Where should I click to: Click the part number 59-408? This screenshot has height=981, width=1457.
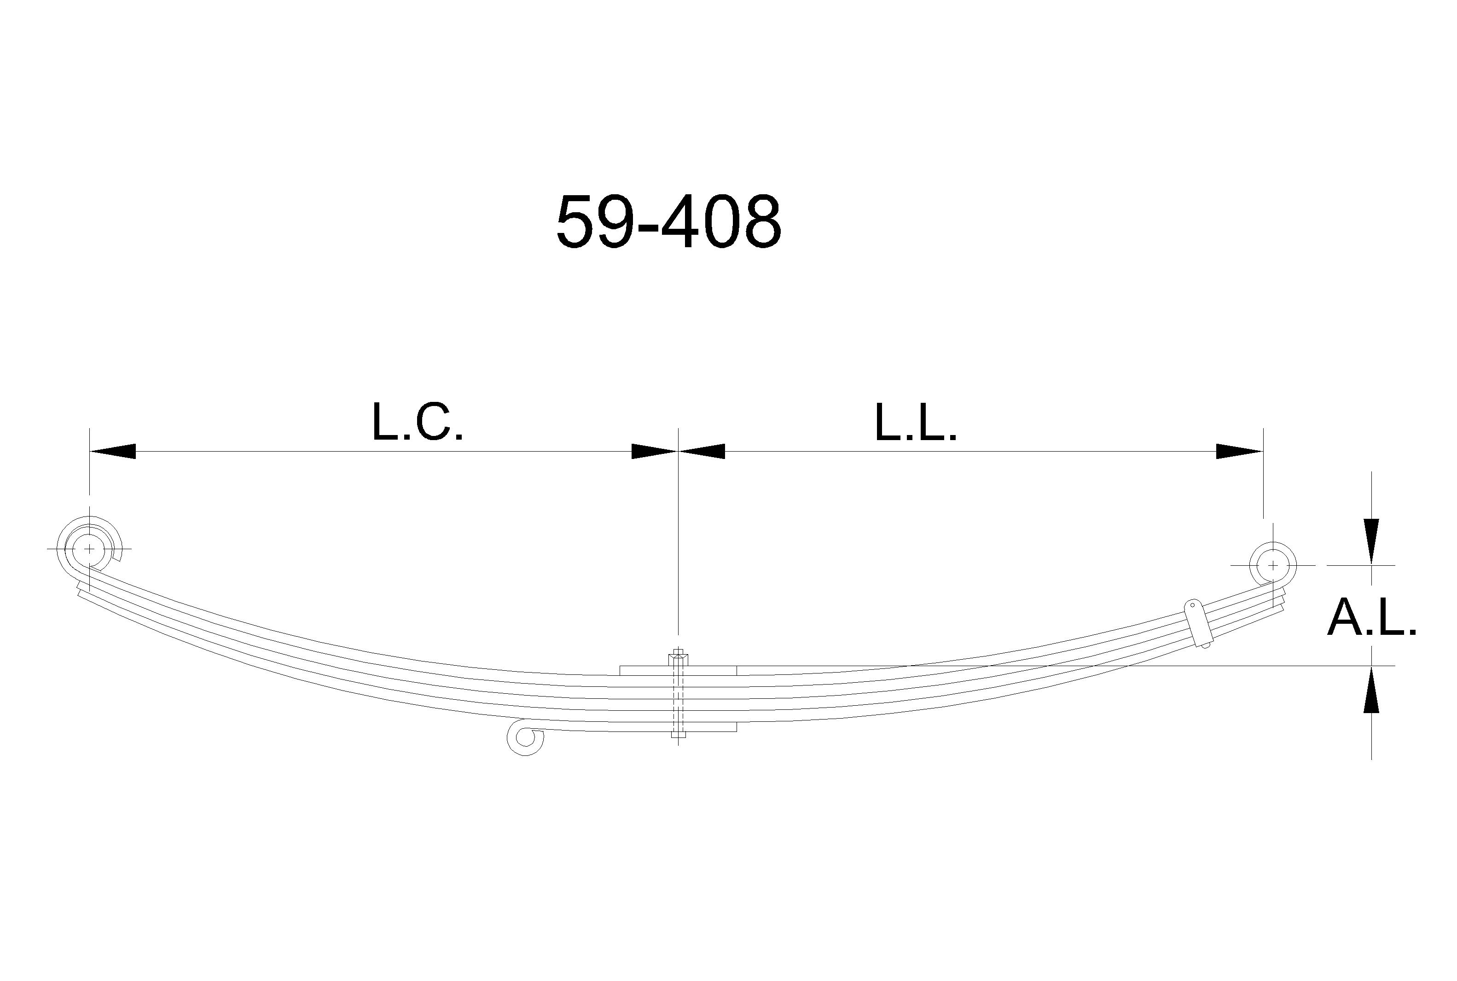(669, 222)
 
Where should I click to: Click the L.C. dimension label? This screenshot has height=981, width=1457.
(417, 422)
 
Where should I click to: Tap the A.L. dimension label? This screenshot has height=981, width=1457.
(1372, 617)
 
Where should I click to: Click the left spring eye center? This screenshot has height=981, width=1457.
(89, 549)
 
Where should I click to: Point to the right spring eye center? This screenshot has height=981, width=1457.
(1272, 565)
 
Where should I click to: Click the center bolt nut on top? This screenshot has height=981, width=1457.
(679, 659)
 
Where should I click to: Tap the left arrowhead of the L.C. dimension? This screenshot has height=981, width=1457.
(113, 451)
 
